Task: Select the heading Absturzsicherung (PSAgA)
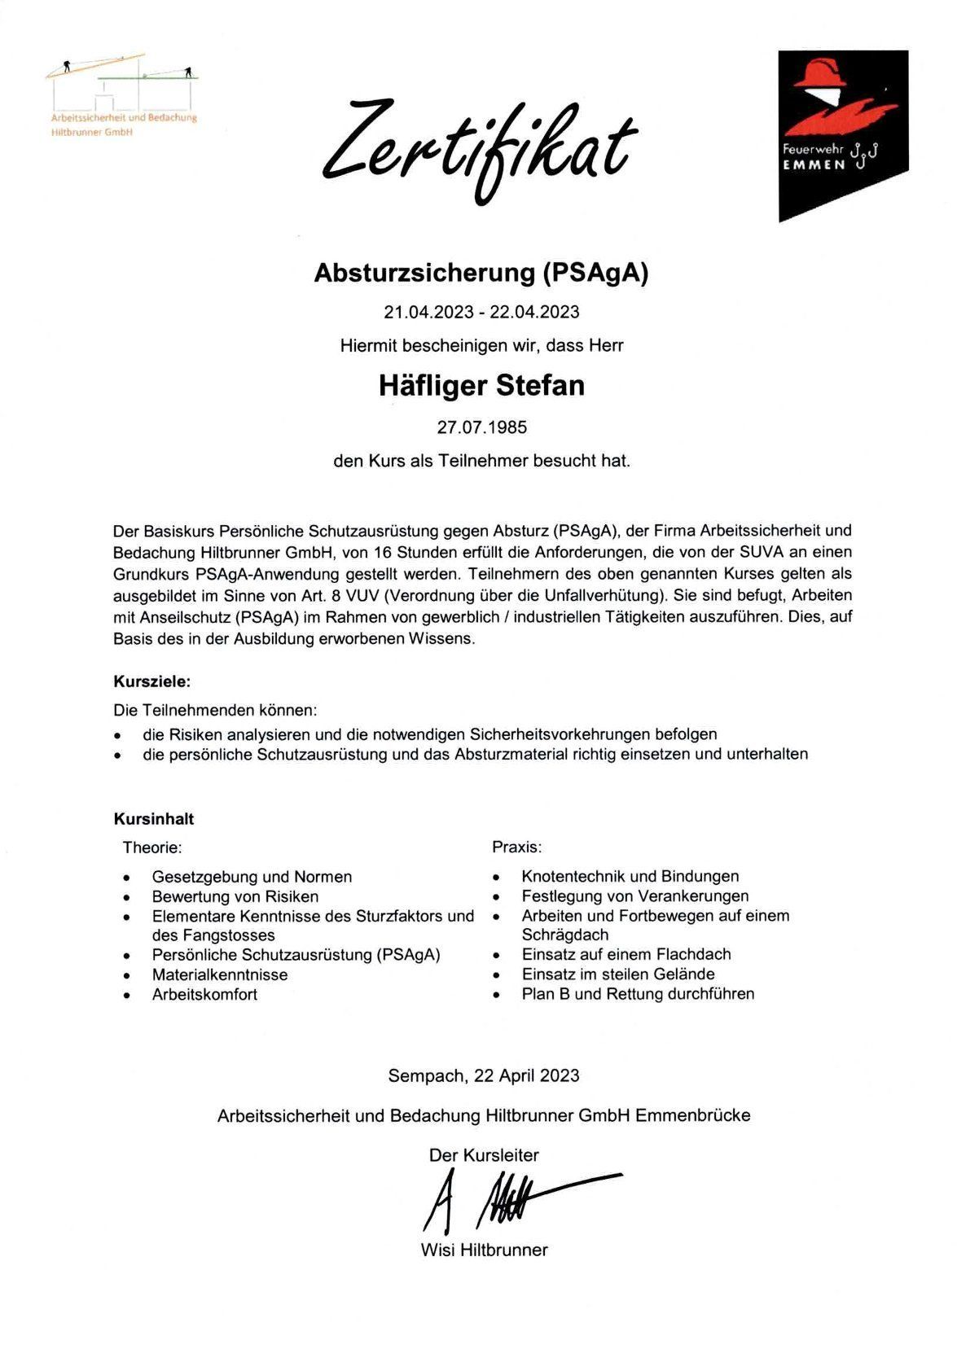pos(481,273)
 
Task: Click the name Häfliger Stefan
pos(481,385)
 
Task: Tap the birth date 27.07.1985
pos(481,427)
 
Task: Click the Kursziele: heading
pos(151,681)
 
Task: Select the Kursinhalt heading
pos(154,819)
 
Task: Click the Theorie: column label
pos(152,847)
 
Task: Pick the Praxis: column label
pos(517,847)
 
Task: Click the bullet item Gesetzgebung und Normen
pos(252,877)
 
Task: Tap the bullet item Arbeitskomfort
pos(204,994)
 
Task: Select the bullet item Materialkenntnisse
pos(220,974)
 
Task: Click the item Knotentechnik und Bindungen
pos(630,877)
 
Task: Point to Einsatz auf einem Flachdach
pos(626,954)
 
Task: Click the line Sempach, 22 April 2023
pos(484,1075)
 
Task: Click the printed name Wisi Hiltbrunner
pos(484,1250)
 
